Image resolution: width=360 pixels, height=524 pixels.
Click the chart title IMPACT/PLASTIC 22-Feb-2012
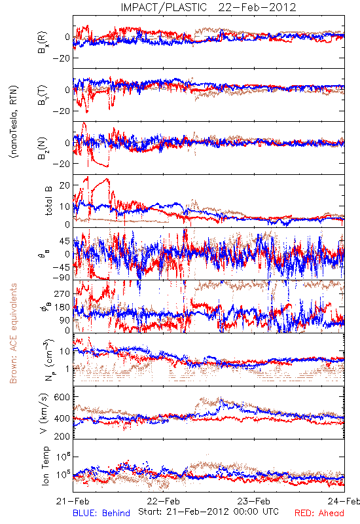tap(208, 7)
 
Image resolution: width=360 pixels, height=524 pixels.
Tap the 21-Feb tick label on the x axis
tap(73, 501)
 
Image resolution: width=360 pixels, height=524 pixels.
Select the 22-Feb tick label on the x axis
tap(163, 501)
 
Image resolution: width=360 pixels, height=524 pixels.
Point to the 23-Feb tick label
tap(254, 501)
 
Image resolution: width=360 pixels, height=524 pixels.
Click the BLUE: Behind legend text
tap(101, 513)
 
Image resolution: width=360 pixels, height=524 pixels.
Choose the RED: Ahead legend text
tap(319, 513)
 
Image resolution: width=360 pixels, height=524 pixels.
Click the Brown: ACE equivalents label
tap(13, 333)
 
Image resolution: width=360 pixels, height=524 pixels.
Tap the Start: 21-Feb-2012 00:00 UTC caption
tap(208, 512)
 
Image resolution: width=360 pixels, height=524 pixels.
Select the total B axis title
tap(48, 201)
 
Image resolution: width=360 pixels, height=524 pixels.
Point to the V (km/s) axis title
tap(44, 413)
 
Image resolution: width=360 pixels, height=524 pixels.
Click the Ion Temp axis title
tap(45, 466)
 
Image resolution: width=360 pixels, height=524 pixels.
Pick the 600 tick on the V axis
tap(62, 397)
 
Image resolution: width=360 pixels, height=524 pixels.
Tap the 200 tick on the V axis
tap(62, 436)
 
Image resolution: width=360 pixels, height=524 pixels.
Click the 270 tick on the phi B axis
tap(62, 293)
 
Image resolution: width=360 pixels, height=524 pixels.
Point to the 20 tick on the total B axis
tap(64, 185)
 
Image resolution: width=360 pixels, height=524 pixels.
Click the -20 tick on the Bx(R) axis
tap(61, 58)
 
